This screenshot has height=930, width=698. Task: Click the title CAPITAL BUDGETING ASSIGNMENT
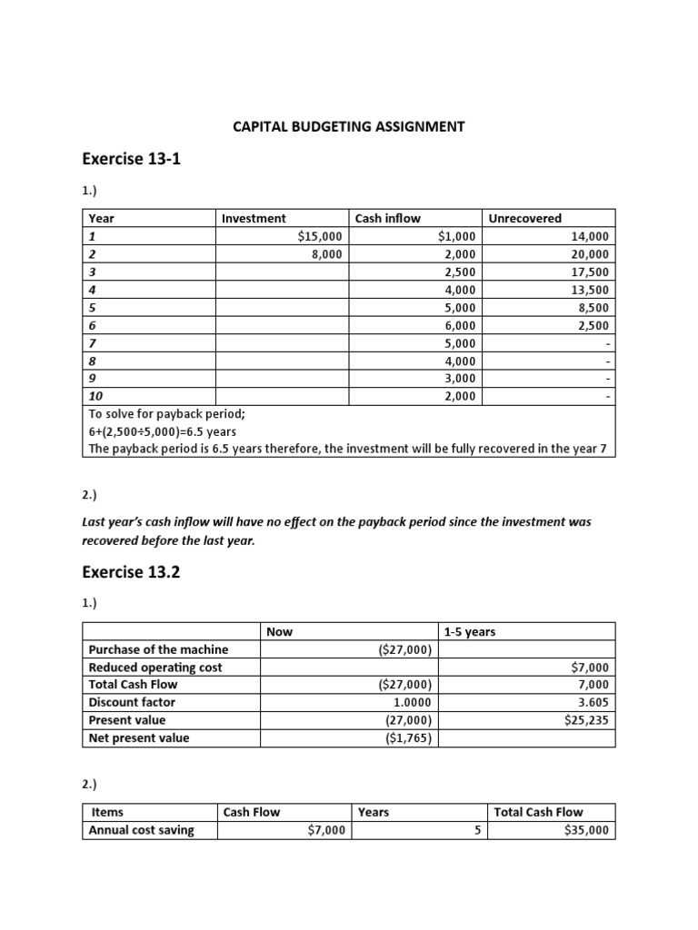349,126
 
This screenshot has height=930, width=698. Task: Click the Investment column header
254,218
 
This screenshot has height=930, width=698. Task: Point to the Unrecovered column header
525,218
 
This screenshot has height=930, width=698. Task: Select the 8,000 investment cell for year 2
326,254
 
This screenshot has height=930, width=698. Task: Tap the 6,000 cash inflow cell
459,325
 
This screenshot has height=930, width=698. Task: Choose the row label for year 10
95,397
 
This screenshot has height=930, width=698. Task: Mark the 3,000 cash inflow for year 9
459,379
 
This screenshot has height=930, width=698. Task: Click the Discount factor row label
132,702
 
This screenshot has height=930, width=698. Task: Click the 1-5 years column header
470,631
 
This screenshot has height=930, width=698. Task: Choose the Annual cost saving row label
141,830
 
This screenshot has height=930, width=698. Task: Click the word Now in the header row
280,631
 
